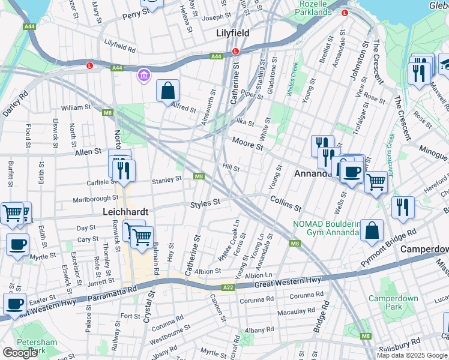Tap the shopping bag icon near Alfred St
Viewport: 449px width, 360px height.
(x=168, y=91)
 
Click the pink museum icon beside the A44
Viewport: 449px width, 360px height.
(x=143, y=76)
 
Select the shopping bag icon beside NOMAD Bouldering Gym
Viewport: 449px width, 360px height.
(x=372, y=230)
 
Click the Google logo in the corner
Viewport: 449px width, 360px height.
(x=20, y=353)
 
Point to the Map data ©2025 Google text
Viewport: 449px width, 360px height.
(x=412, y=355)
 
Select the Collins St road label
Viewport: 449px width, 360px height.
(x=285, y=203)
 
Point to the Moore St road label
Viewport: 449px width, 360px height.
(x=248, y=143)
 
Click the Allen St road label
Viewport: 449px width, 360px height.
(x=88, y=153)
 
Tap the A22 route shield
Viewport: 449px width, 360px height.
(x=228, y=288)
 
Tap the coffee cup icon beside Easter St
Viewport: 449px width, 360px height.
(x=14, y=304)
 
